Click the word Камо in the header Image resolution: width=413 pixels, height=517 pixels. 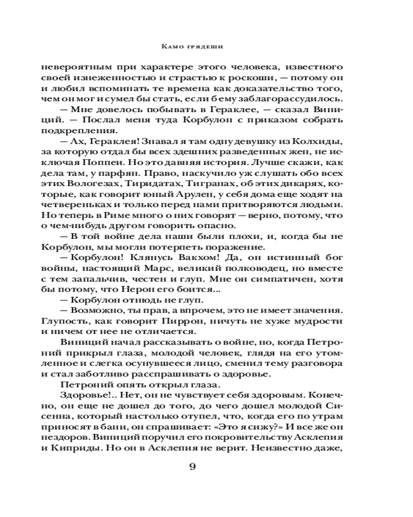point(172,46)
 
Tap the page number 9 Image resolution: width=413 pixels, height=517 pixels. point(193,467)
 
